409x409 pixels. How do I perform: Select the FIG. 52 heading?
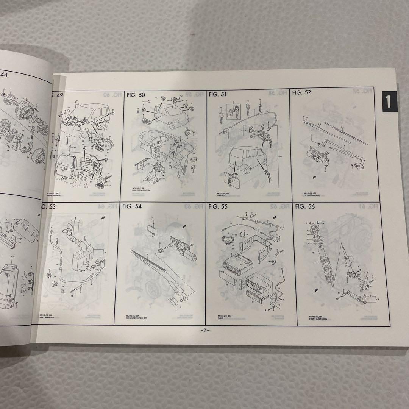[x=302, y=92]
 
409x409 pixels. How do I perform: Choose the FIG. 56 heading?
[x=304, y=206]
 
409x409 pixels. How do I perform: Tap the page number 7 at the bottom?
[x=205, y=330]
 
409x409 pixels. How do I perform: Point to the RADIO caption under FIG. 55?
[x=221, y=318]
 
